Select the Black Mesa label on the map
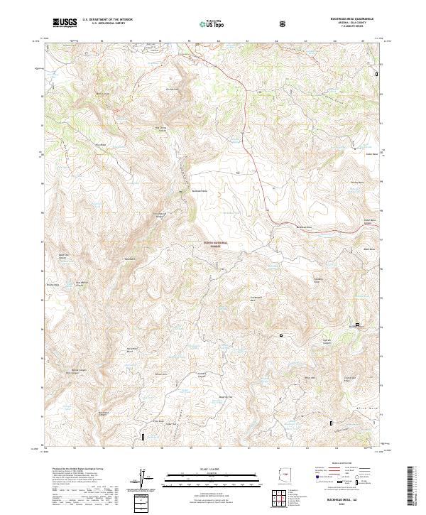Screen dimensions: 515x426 pos(368,249)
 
